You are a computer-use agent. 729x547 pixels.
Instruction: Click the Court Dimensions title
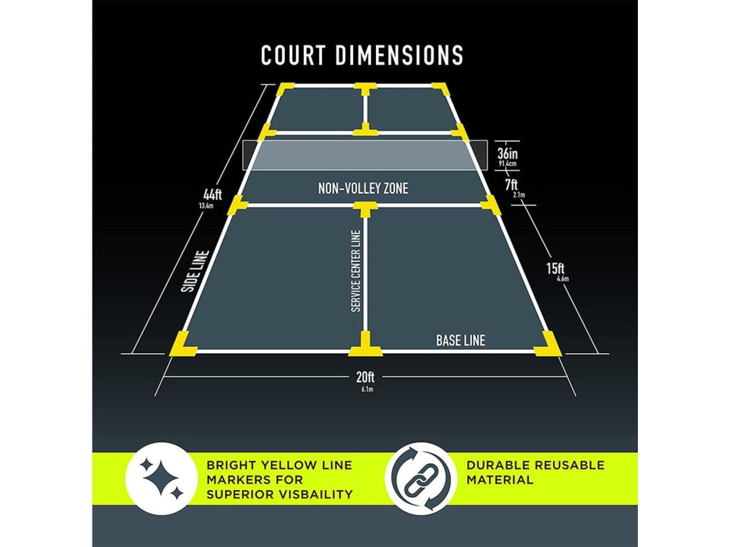[362, 55]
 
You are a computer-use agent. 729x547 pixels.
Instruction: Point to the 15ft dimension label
[556, 269]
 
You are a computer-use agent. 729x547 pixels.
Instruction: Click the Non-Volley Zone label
[363, 189]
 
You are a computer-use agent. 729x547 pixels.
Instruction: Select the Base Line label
[461, 340]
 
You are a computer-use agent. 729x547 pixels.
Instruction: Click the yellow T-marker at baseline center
[364, 344]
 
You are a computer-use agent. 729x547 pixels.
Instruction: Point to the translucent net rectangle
[364, 155]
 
